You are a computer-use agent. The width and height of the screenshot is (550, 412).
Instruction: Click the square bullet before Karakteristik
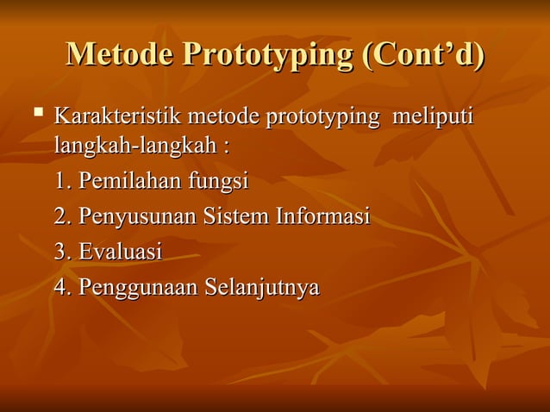point(35,112)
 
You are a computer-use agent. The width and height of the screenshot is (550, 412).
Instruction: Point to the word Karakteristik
point(117,115)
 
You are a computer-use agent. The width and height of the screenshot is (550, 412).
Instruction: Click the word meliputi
point(434,116)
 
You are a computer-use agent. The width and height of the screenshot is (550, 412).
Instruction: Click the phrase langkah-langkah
point(134,146)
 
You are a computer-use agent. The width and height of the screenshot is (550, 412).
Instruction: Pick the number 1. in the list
point(63,182)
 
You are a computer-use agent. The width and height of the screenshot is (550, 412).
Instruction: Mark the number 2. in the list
point(63,216)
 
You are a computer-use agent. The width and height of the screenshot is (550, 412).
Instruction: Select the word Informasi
point(322,216)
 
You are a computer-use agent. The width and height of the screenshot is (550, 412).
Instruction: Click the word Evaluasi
point(120,252)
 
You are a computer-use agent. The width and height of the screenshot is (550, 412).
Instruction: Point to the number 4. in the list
point(63,287)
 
